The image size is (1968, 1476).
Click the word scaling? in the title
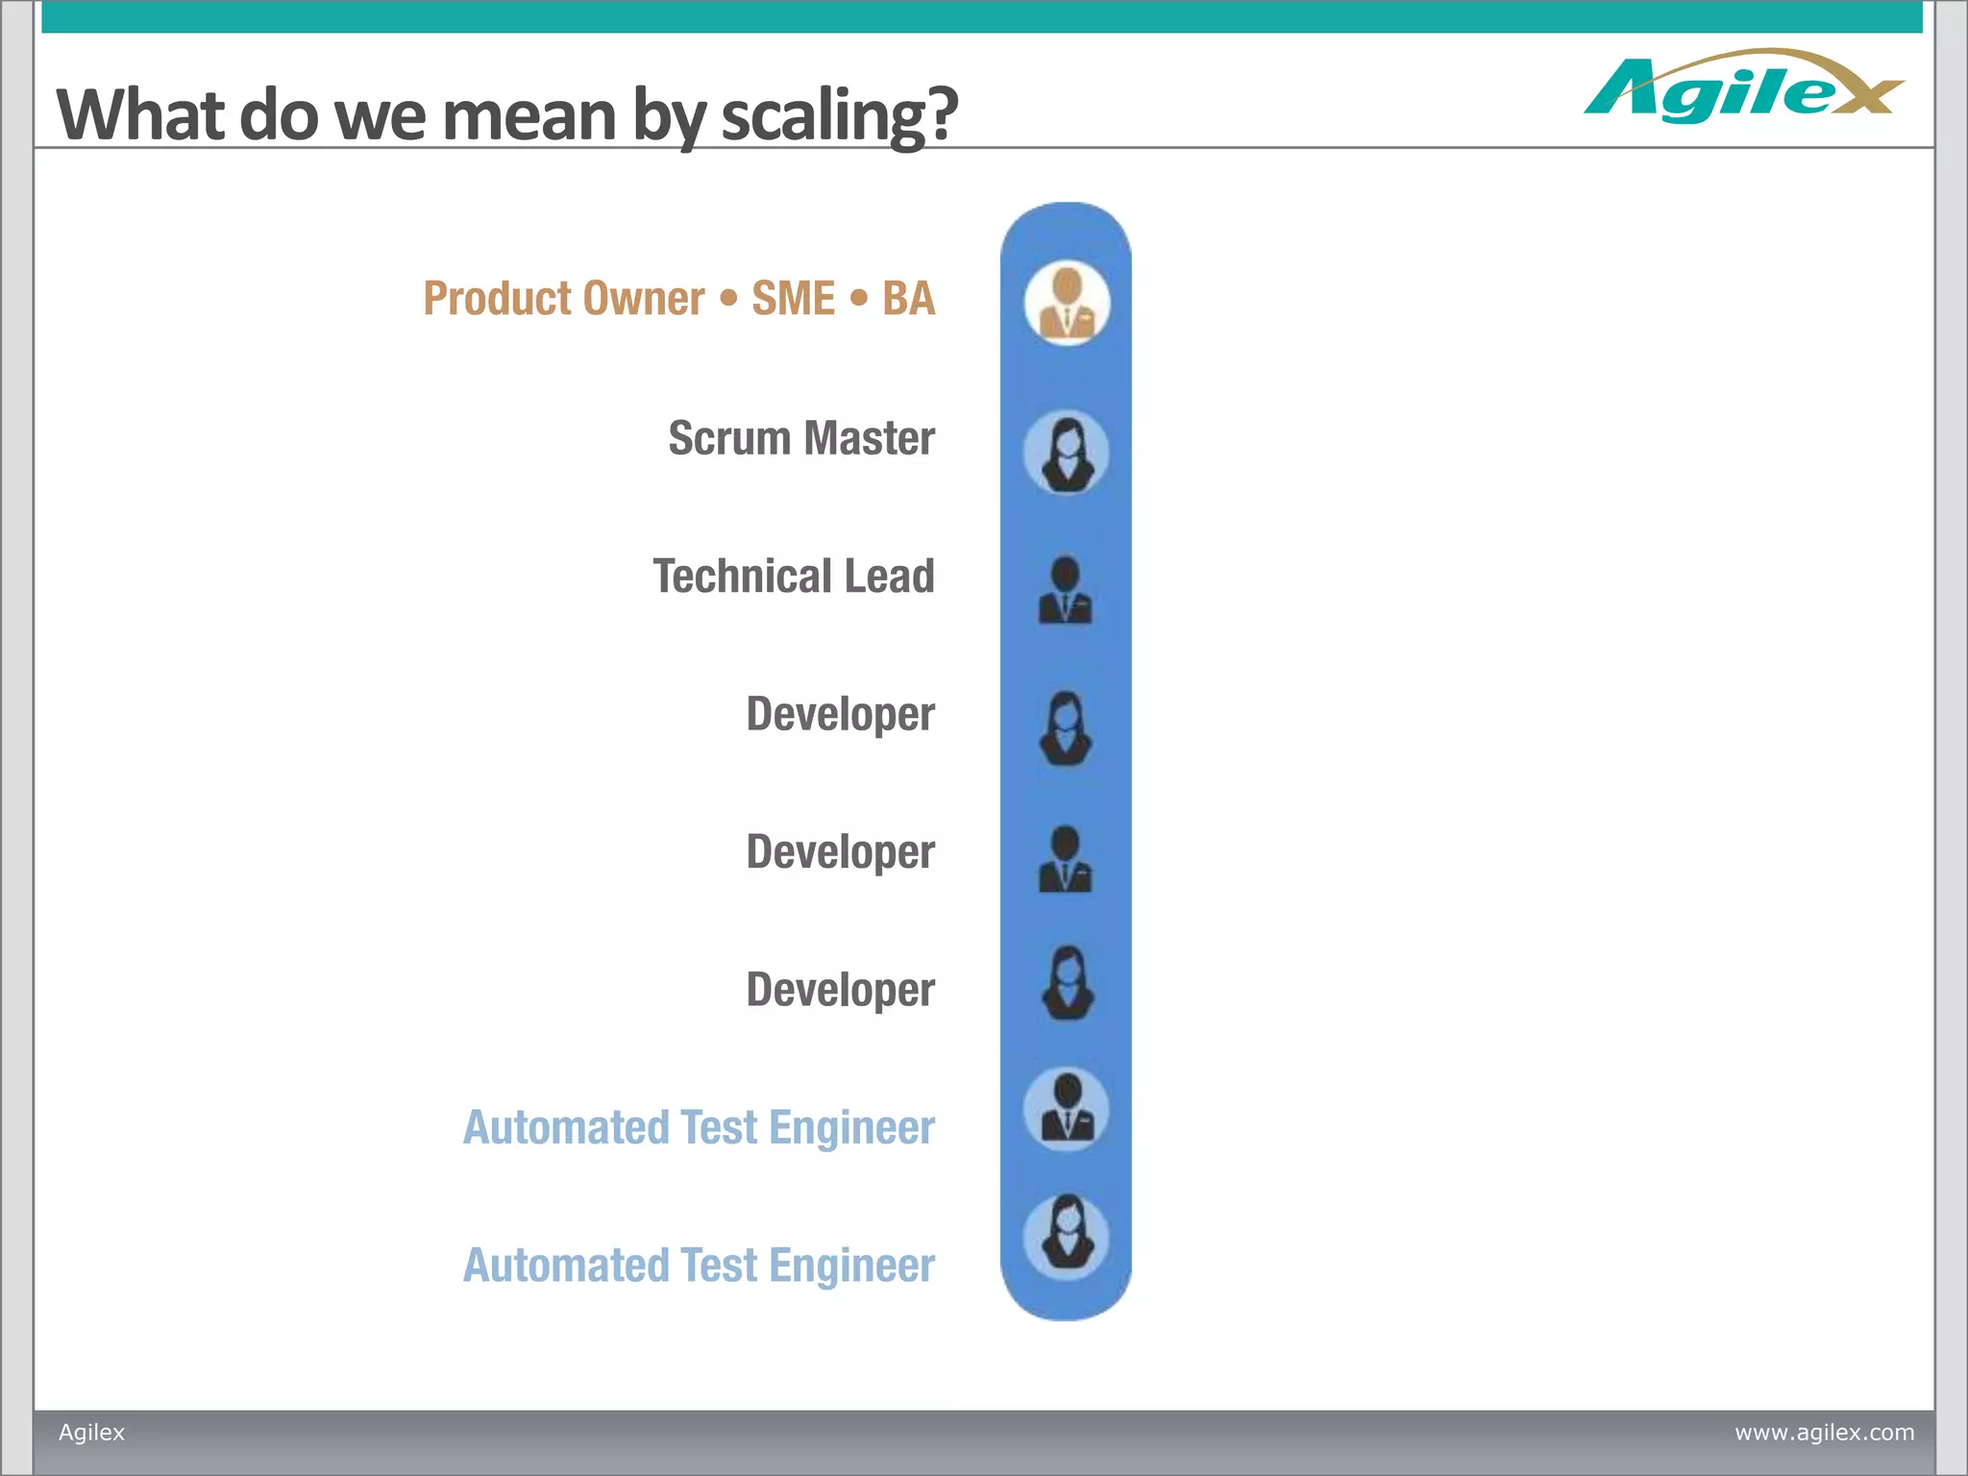(x=839, y=115)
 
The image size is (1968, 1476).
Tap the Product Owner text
(x=564, y=299)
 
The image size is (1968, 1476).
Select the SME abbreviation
(x=793, y=299)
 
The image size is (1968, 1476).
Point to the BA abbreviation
(x=908, y=299)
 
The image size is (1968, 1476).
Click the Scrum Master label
(x=801, y=438)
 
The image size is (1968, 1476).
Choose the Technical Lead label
(x=794, y=577)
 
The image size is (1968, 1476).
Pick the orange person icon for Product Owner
(x=1067, y=303)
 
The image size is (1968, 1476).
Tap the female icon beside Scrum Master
(x=1066, y=453)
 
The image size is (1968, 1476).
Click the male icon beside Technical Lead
(x=1066, y=590)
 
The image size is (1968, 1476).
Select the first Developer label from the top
(x=840, y=715)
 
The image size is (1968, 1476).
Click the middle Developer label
(x=840, y=852)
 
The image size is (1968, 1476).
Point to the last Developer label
(x=840, y=991)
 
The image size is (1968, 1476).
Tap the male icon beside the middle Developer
(x=1066, y=860)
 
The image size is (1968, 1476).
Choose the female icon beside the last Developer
(x=1067, y=983)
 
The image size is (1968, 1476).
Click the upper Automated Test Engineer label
(x=699, y=1128)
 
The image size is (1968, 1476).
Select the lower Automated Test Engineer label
(x=699, y=1266)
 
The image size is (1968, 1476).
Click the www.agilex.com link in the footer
(x=1824, y=1433)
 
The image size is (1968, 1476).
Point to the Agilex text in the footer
(x=92, y=1433)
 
